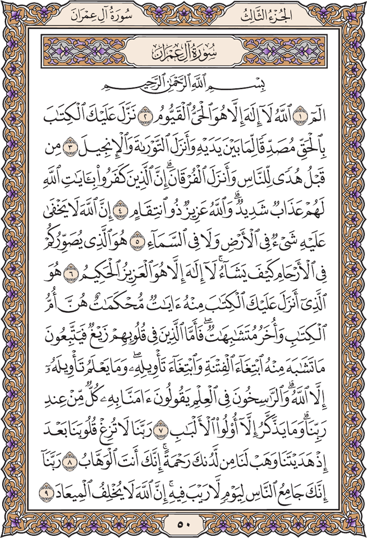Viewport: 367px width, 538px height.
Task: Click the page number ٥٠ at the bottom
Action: coord(183,525)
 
